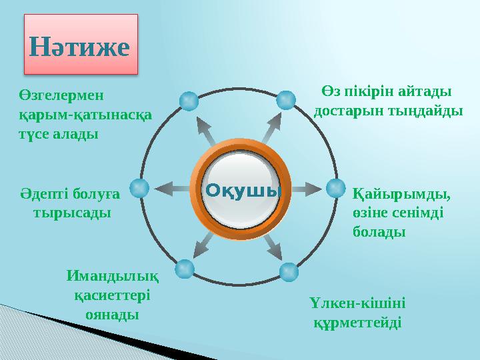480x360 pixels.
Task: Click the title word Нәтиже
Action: pyautogui.click(x=79, y=47)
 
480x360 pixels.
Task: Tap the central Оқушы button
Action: pyautogui.click(x=242, y=189)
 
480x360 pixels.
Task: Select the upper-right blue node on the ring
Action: pyautogui.click(x=285, y=100)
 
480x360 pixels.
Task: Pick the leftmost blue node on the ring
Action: pyautogui.click(x=139, y=189)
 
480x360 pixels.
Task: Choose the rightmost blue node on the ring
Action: pyautogui.click(x=335, y=189)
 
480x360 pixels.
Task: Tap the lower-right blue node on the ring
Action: pyautogui.click(x=289, y=271)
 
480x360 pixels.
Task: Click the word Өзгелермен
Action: pyautogui.click(x=63, y=95)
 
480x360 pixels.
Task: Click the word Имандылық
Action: pyautogui.click(x=112, y=275)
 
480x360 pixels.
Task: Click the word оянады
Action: pyautogui.click(x=112, y=313)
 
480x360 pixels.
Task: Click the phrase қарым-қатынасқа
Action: pyautogui.click(x=85, y=114)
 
